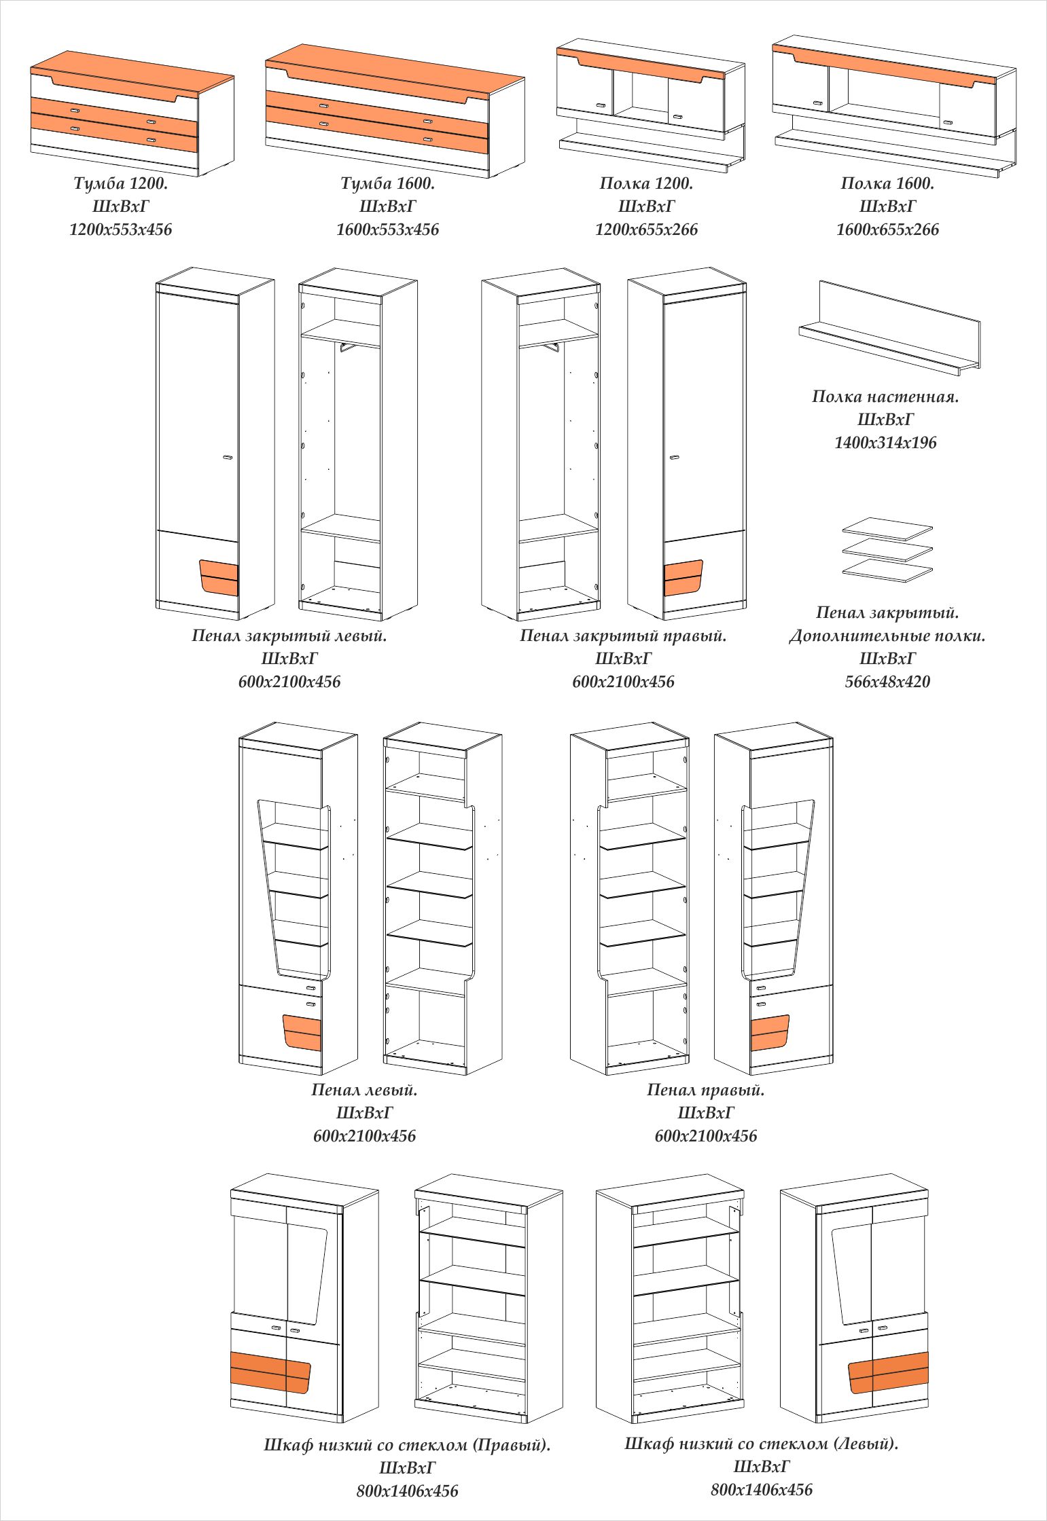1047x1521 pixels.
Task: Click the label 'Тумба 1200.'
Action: [120, 184]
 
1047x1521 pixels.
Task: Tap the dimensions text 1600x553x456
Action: [387, 230]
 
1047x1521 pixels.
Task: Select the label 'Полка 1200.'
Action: [646, 184]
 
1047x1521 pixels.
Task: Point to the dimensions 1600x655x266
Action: [887, 230]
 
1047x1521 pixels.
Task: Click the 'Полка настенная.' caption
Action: [885, 397]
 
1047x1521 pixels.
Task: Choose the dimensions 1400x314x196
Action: [885, 443]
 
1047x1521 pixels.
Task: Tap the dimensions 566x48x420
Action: [887, 682]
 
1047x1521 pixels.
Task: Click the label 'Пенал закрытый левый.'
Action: [289, 636]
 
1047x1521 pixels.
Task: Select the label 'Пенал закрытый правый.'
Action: [623, 636]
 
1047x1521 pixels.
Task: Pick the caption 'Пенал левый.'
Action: [364, 1091]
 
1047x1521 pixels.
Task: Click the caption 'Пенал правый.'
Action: [705, 1091]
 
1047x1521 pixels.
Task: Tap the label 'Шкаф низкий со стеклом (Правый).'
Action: [407, 1446]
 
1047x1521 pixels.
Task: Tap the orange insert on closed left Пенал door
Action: [219, 578]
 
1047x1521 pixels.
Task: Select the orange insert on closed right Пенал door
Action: [682, 578]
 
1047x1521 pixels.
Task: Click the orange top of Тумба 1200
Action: [132, 71]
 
